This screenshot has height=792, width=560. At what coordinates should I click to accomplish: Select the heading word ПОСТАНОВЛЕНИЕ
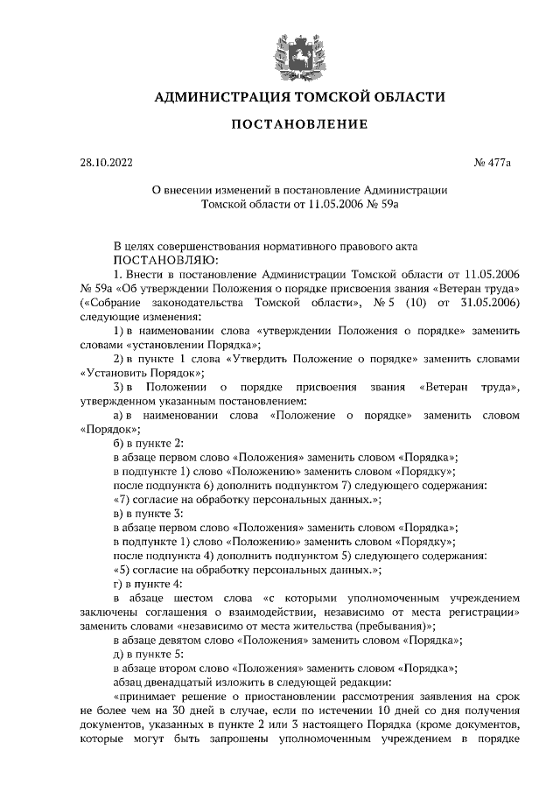[299, 125]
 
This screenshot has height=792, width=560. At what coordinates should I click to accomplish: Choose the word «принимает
[150, 697]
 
